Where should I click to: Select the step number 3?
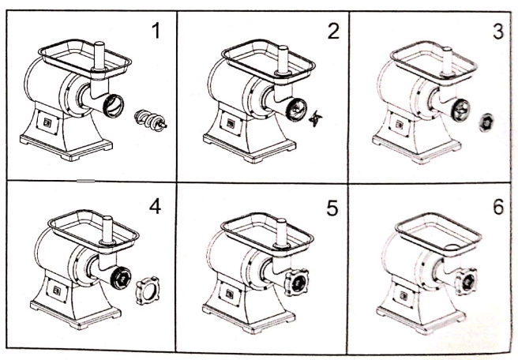[x=497, y=32]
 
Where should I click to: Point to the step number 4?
[x=155, y=207]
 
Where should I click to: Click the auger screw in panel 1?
[x=151, y=121]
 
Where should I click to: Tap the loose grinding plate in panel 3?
[x=486, y=122]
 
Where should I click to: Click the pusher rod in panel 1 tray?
[x=99, y=55]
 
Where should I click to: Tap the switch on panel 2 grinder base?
[x=229, y=125]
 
